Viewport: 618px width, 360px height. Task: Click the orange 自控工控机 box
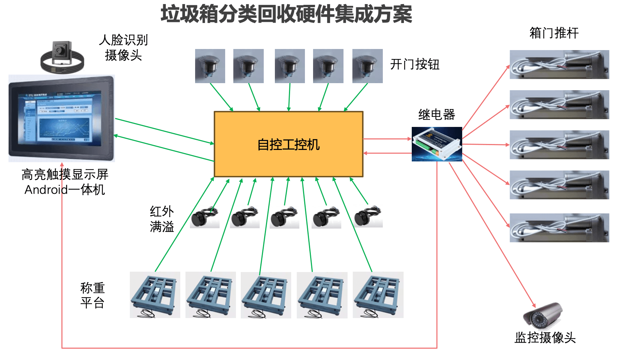tap(289, 144)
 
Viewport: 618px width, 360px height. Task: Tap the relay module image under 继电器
tap(437, 144)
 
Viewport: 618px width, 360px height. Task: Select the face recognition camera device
tap(62, 57)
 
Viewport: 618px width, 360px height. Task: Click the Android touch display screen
tap(62, 118)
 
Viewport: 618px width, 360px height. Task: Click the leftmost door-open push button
tap(210, 66)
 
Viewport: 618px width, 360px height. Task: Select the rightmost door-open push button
tap(368, 66)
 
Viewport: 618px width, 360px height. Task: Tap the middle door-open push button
tap(290, 66)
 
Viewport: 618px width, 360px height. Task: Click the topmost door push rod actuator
tap(559, 65)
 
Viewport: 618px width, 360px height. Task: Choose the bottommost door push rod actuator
tap(559, 228)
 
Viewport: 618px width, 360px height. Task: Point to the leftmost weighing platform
tap(155, 295)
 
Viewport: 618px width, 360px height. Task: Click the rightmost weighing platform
tap(378, 295)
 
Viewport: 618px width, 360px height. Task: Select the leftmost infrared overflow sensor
tap(205, 217)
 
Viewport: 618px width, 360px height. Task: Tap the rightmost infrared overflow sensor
tap(368, 216)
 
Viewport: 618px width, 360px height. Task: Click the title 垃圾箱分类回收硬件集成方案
tap(286, 14)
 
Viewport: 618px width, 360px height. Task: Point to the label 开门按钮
tap(415, 64)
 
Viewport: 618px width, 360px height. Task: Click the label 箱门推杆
tap(554, 33)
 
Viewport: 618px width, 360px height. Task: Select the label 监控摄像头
tap(545, 338)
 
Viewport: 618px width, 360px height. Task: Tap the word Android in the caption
tap(46, 190)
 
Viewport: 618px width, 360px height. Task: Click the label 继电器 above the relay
tap(437, 115)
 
